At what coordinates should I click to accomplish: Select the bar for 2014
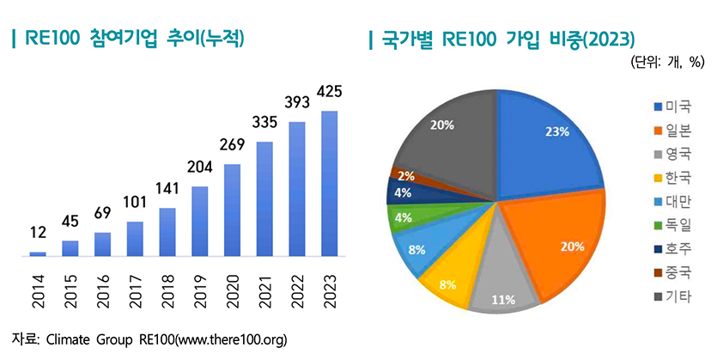click(x=38, y=253)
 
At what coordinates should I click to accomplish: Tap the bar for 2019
click(x=199, y=221)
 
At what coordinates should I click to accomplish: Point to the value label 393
click(x=296, y=103)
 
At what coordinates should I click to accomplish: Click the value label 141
click(x=167, y=189)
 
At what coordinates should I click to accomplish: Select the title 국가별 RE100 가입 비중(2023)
click(x=507, y=40)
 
